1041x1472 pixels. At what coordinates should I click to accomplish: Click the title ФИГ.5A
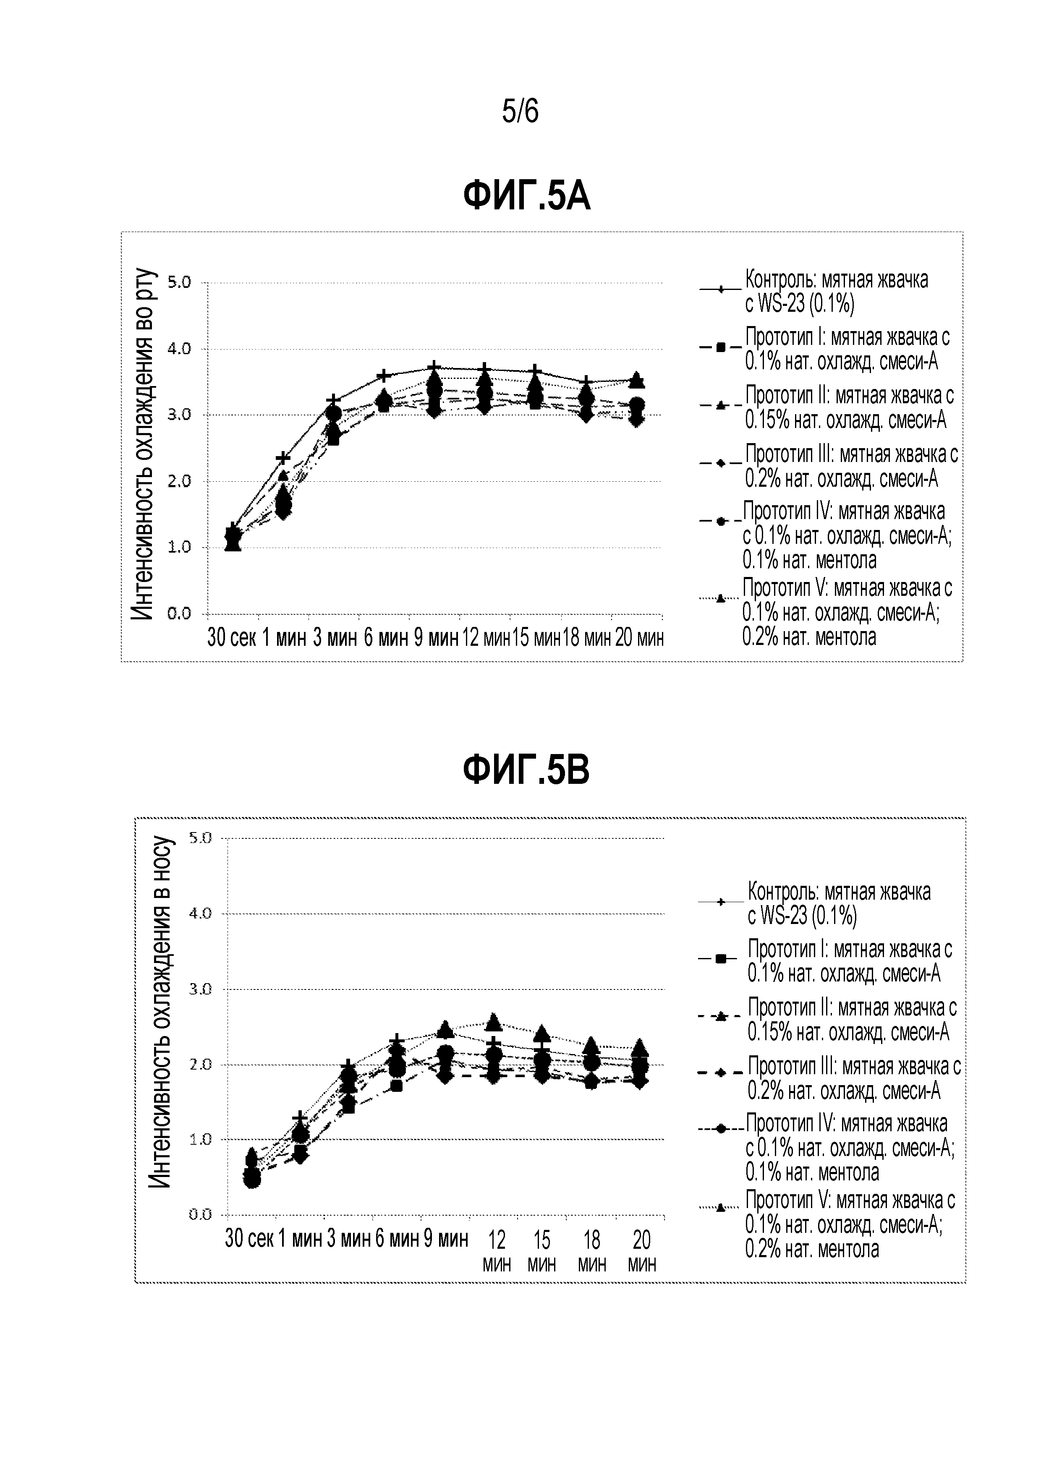click(x=526, y=197)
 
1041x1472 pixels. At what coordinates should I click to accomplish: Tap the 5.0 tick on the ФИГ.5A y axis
click(x=180, y=282)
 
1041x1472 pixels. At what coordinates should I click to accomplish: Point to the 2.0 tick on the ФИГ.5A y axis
click(x=180, y=481)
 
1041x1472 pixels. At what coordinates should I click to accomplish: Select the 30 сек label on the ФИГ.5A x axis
click(x=232, y=639)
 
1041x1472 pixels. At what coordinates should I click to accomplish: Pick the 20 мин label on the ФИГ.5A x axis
click(x=639, y=639)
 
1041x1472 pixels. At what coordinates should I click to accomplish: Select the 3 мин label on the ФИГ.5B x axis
click(x=348, y=1238)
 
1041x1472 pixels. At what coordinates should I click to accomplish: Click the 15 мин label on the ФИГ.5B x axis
click(x=542, y=1250)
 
